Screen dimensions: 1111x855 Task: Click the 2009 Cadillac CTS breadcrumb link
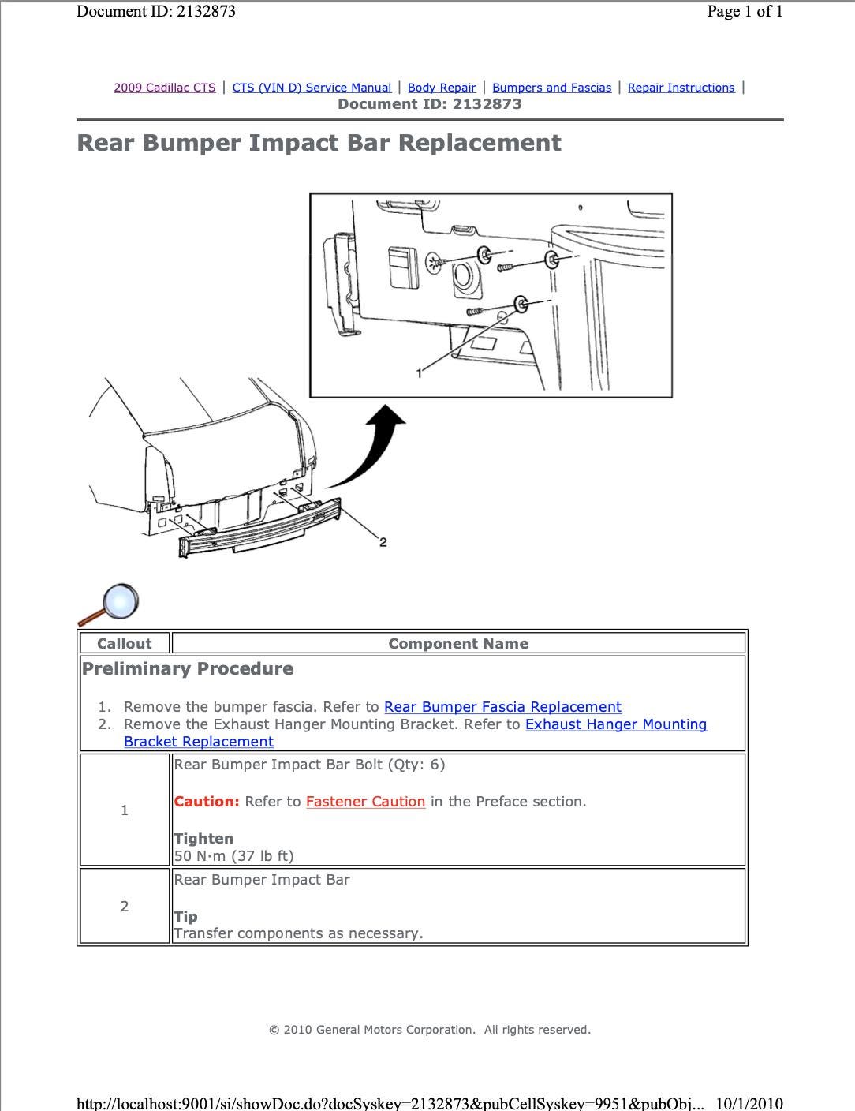164,88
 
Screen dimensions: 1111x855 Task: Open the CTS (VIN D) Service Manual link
312,88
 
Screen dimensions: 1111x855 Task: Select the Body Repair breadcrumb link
442,88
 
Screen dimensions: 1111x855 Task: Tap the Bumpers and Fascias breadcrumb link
551,88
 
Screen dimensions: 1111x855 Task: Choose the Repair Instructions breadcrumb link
681,88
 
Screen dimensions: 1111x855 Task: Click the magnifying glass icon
110,604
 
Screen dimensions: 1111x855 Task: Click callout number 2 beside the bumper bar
383,542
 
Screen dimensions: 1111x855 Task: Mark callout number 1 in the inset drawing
419,373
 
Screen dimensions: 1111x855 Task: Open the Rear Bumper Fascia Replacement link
502,707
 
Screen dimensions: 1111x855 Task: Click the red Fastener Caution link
365,802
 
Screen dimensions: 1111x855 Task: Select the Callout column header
124,643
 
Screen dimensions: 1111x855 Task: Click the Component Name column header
458,643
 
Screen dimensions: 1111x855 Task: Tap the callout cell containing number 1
124,810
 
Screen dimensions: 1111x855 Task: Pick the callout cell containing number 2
124,907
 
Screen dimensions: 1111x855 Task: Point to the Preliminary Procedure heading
188,669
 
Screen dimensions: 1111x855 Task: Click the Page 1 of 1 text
745,11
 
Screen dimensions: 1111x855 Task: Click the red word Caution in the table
206,802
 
